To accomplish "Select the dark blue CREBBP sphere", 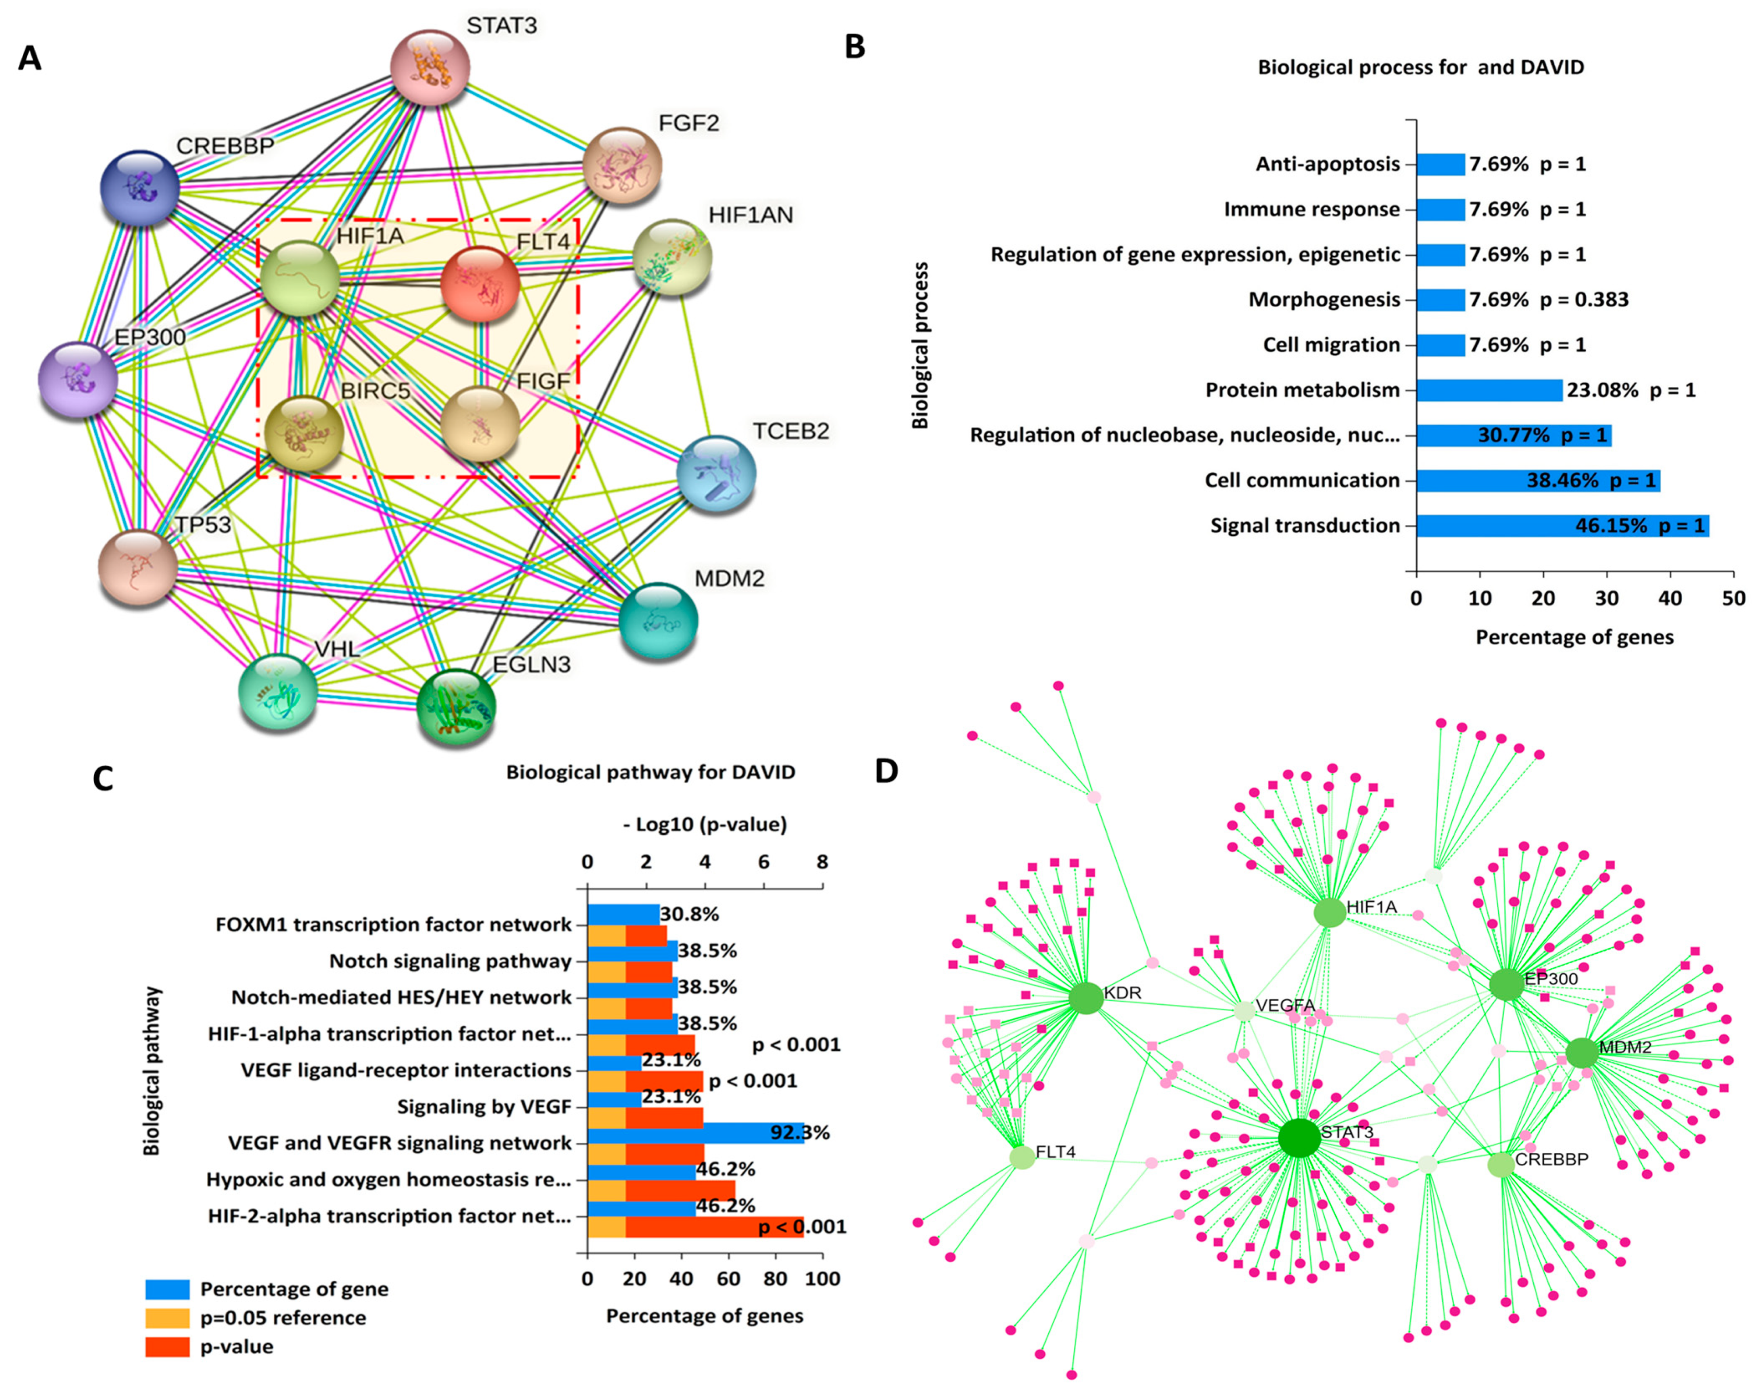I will tap(140, 188).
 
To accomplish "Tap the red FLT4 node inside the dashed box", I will tap(480, 284).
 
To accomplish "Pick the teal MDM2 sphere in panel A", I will tap(658, 620).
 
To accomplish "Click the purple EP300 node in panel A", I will tap(78, 380).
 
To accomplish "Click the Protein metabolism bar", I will tap(1489, 390).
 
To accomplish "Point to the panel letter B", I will tap(854, 47).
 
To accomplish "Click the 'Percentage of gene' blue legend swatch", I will tap(167, 1289).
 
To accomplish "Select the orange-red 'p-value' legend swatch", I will tap(167, 1347).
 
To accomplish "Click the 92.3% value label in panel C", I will tap(800, 1133).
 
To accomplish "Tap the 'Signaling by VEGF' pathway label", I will tap(484, 1107).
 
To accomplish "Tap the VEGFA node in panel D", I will tap(1244, 1011).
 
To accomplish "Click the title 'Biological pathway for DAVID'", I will tap(650, 772).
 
